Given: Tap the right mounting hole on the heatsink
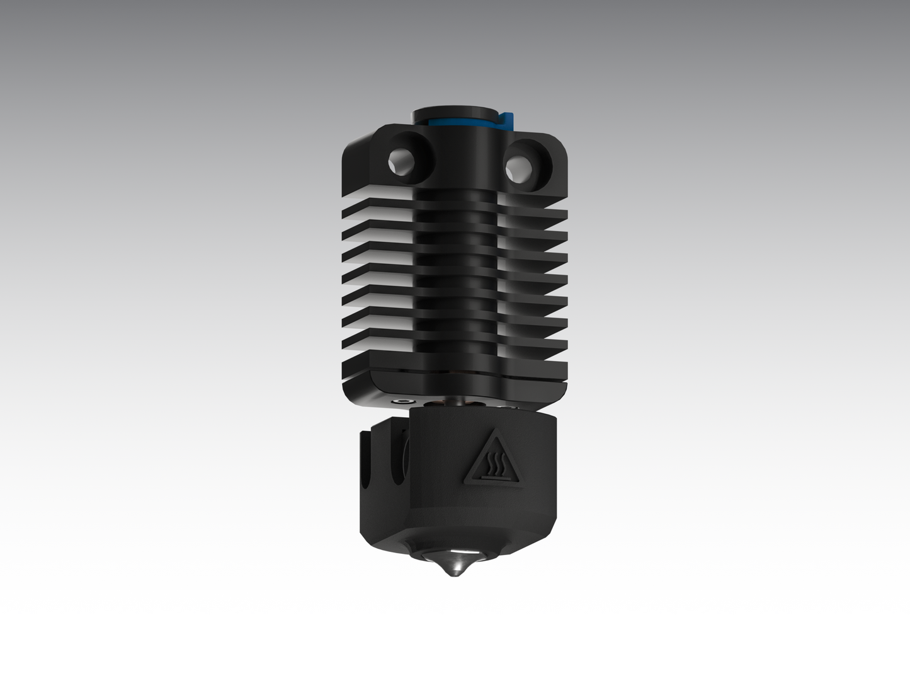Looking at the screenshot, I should pyautogui.click(x=520, y=167).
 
